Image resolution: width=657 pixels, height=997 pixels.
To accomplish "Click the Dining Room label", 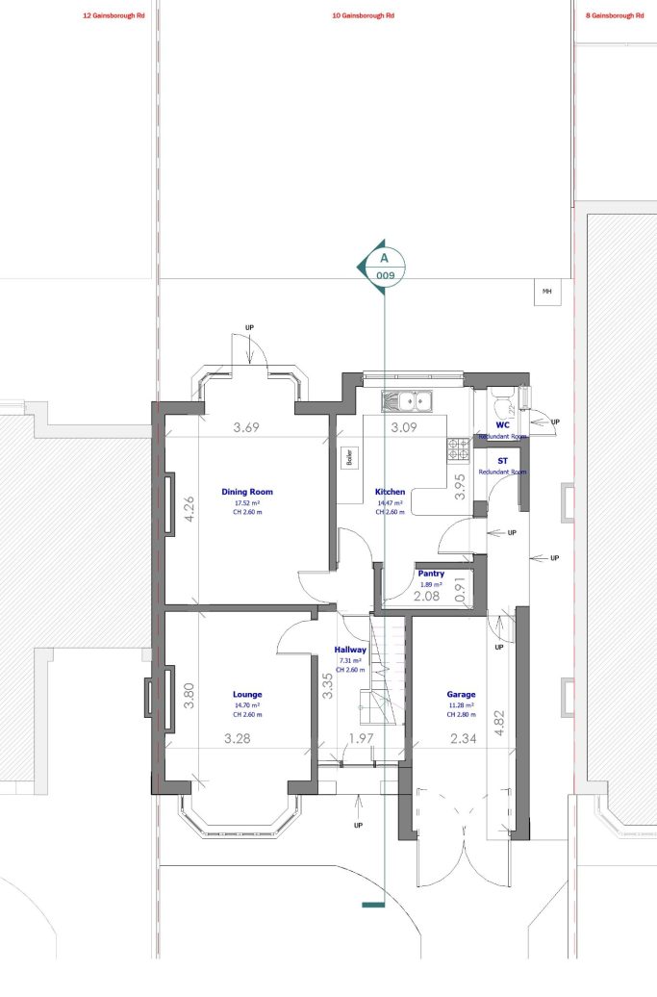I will click(x=247, y=490).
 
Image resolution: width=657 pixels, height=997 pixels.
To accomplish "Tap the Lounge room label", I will click(x=247, y=694).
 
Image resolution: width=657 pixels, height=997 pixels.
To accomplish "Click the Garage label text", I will click(x=461, y=694).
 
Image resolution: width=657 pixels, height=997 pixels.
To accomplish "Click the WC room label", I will click(x=502, y=424).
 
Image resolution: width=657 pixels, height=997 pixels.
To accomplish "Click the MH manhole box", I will click(x=547, y=291).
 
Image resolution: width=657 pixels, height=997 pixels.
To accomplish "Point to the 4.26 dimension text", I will click(x=190, y=508).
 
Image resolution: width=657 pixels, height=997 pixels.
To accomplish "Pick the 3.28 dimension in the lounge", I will click(x=238, y=738).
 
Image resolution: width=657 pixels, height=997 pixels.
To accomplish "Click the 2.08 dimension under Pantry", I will click(x=427, y=597).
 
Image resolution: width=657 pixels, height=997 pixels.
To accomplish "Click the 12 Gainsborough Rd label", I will click(x=114, y=16).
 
